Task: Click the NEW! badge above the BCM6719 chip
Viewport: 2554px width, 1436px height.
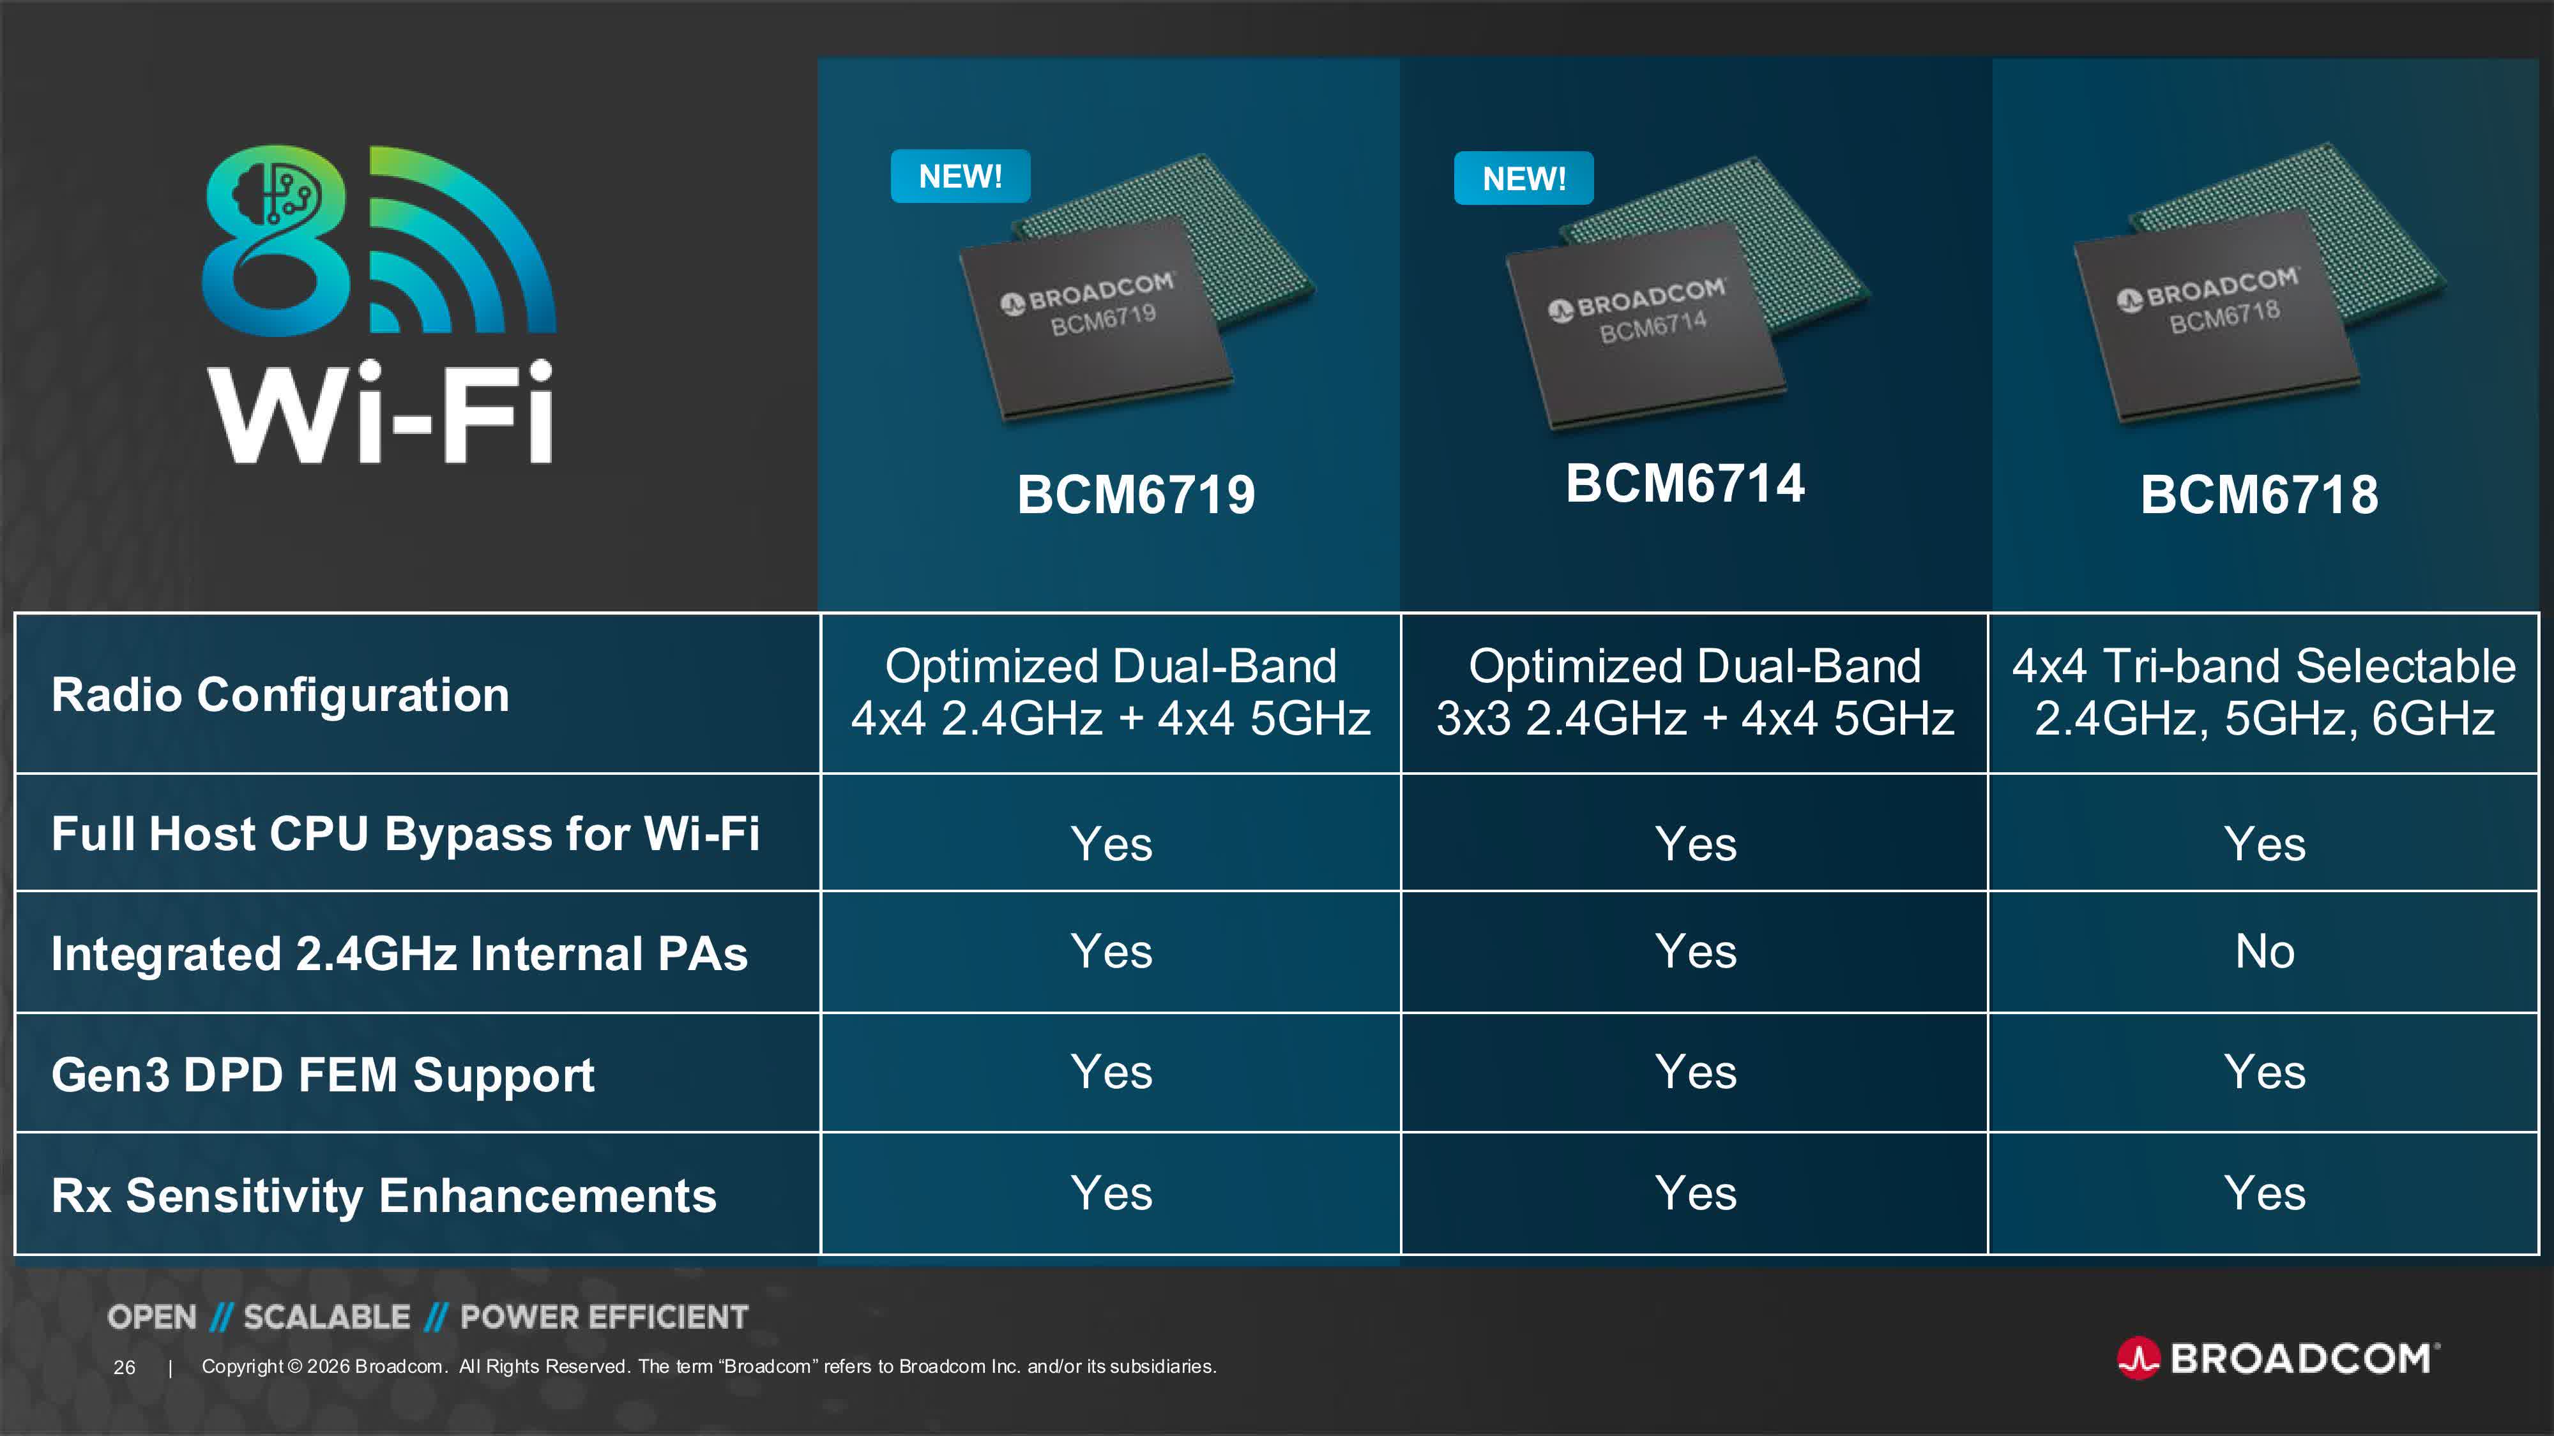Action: click(960, 176)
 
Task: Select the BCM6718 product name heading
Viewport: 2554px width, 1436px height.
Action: click(2258, 495)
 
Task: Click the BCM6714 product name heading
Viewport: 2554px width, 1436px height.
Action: click(1685, 484)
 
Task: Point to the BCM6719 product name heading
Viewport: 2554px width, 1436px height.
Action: click(1136, 495)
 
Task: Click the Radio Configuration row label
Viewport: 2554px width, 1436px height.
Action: click(280, 695)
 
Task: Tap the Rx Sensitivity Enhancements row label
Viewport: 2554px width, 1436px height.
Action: click(384, 1195)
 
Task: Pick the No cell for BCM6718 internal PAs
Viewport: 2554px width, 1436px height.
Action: click(2265, 952)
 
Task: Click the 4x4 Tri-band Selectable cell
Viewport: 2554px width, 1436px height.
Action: click(2263, 692)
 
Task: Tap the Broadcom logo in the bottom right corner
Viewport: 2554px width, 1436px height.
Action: click(2278, 1357)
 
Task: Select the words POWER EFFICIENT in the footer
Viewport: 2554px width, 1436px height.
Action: click(604, 1317)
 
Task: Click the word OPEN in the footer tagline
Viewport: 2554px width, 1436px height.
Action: click(152, 1317)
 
